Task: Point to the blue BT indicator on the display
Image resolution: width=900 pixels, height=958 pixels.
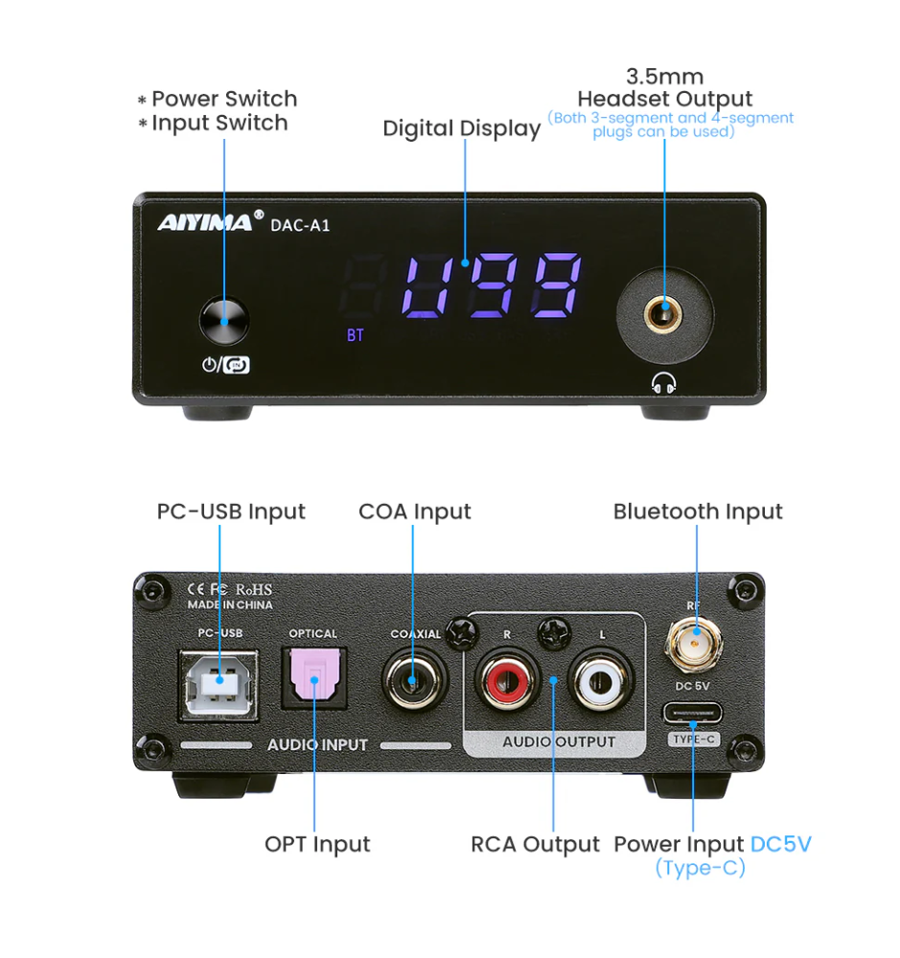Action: pyautogui.click(x=356, y=335)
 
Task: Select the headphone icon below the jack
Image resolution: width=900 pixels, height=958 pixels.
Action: pyautogui.click(x=663, y=383)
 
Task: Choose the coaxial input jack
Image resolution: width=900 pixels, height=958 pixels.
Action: pyautogui.click(x=414, y=682)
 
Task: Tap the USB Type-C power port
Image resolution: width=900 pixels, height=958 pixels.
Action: pyautogui.click(x=693, y=714)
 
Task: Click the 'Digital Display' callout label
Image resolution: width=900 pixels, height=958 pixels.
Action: pyautogui.click(x=462, y=128)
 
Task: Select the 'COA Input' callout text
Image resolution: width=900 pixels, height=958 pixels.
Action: pyautogui.click(x=415, y=512)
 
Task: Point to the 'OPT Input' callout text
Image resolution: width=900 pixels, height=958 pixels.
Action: pyautogui.click(x=317, y=844)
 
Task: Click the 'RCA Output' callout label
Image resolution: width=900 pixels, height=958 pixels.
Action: pyautogui.click(x=535, y=844)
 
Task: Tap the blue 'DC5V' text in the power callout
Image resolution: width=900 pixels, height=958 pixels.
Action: pyautogui.click(x=781, y=844)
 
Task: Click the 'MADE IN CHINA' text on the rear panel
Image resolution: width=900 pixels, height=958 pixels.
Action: pyautogui.click(x=230, y=604)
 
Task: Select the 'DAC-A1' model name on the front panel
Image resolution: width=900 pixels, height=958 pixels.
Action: pyautogui.click(x=301, y=224)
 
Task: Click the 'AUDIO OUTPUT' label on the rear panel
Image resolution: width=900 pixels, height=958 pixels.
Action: pyautogui.click(x=559, y=741)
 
